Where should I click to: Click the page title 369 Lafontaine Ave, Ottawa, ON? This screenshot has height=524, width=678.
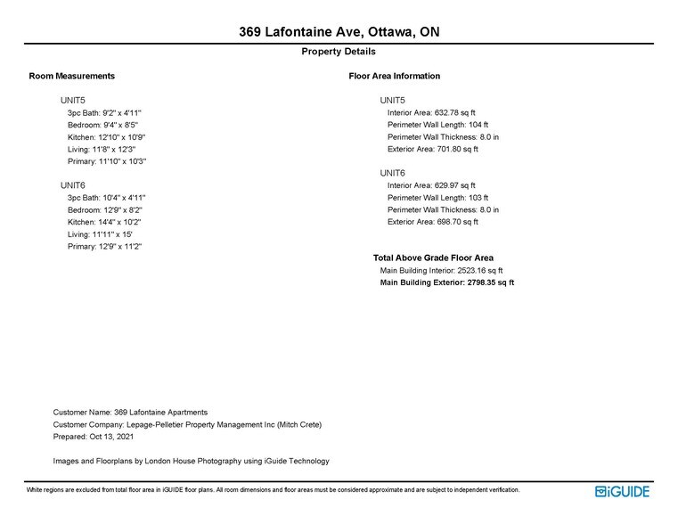[x=339, y=32]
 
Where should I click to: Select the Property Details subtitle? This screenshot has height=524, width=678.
[x=339, y=52]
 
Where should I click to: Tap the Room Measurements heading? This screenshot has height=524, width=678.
[x=72, y=76]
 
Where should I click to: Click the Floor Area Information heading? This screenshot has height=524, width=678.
[x=395, y=76]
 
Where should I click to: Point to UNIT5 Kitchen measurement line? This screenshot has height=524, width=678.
[x=106, y=137]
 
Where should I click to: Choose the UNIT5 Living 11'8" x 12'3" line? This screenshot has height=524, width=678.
[x=102, y=150]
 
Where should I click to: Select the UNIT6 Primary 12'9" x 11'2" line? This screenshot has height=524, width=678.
[x=105, y=246]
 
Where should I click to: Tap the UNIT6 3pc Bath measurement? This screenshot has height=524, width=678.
[x=106, y=198]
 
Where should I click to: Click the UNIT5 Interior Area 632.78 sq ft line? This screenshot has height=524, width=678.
[x=431, y=113]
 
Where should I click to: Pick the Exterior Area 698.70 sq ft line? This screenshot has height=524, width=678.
[x=433, y=222]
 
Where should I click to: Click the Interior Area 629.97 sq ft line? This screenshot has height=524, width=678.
[x=431, y=185]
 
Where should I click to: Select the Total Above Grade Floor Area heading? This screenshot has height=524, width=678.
[x=433, y=258]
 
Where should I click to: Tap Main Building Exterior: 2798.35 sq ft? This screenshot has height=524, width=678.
[x=446, y=282]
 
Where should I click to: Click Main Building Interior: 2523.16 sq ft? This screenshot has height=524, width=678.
[x=441, y=270]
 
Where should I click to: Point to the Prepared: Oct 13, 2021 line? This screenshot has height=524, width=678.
[x=94, y=438]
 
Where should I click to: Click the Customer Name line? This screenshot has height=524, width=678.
[x=130, y=413]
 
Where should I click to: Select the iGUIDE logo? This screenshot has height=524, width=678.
[x=622, y=491]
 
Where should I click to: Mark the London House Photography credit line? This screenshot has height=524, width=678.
[x=191, y=461]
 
